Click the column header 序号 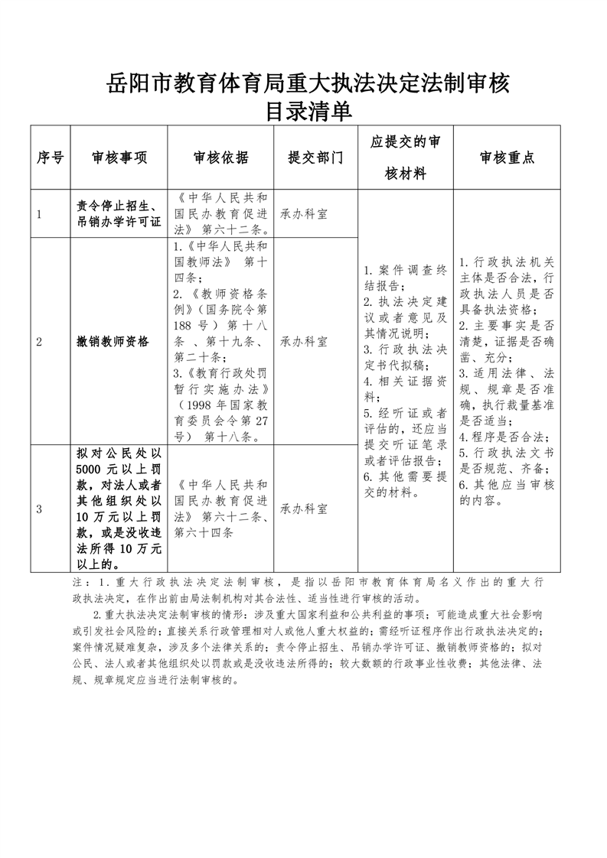pyautogui.click(x=50, y=158)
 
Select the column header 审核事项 pyautogui.click(x=119, y=158)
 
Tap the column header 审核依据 pyautogui.click(x=220, y=158)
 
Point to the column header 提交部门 pyautogui.click(x=315, y=158)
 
